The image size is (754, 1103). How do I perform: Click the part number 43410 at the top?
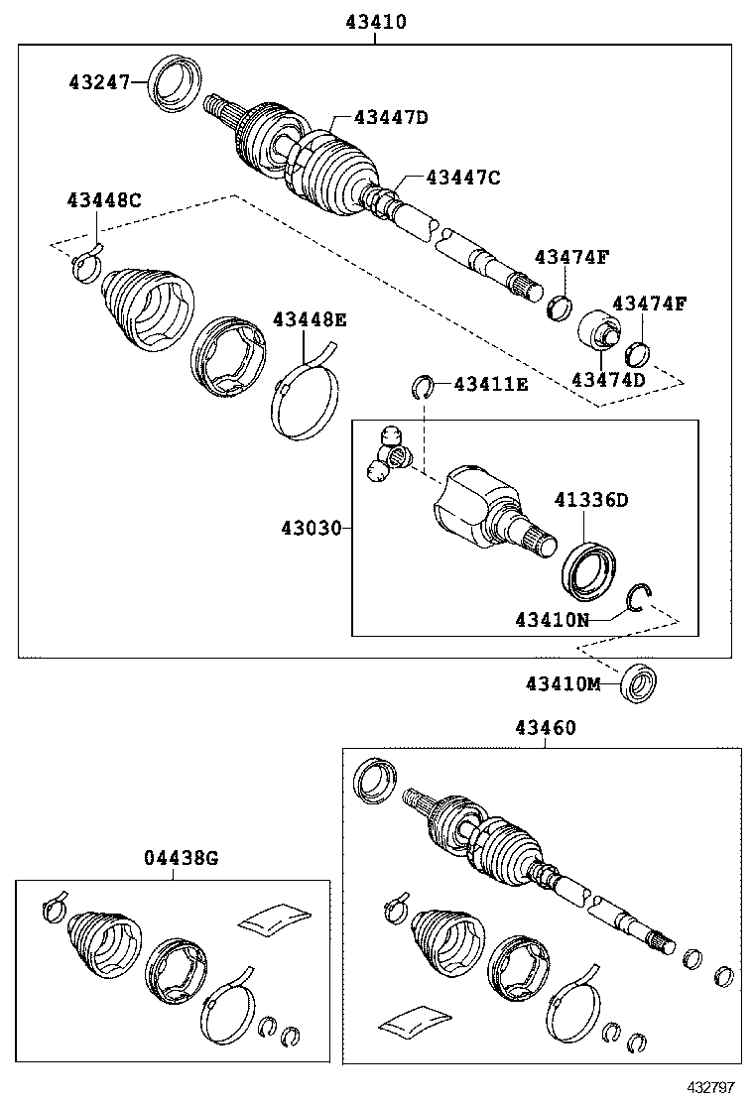pos(375,21)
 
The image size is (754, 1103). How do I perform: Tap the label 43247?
pos(98,81)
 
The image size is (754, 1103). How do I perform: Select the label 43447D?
pos(391,117)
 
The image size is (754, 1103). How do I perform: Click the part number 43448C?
pos(104,199)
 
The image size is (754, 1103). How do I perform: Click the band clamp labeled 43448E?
pos(302,394)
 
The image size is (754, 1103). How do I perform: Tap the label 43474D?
pos(607,379)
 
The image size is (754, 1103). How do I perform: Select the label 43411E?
pos(491,383)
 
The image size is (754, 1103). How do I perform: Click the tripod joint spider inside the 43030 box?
pos(388,457)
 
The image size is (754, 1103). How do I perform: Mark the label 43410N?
pos(551,620)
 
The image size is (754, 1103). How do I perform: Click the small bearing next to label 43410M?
pos(637,684)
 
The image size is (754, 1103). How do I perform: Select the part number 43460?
pos(545,727)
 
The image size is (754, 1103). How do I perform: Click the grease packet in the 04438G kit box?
pos(275,917)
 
